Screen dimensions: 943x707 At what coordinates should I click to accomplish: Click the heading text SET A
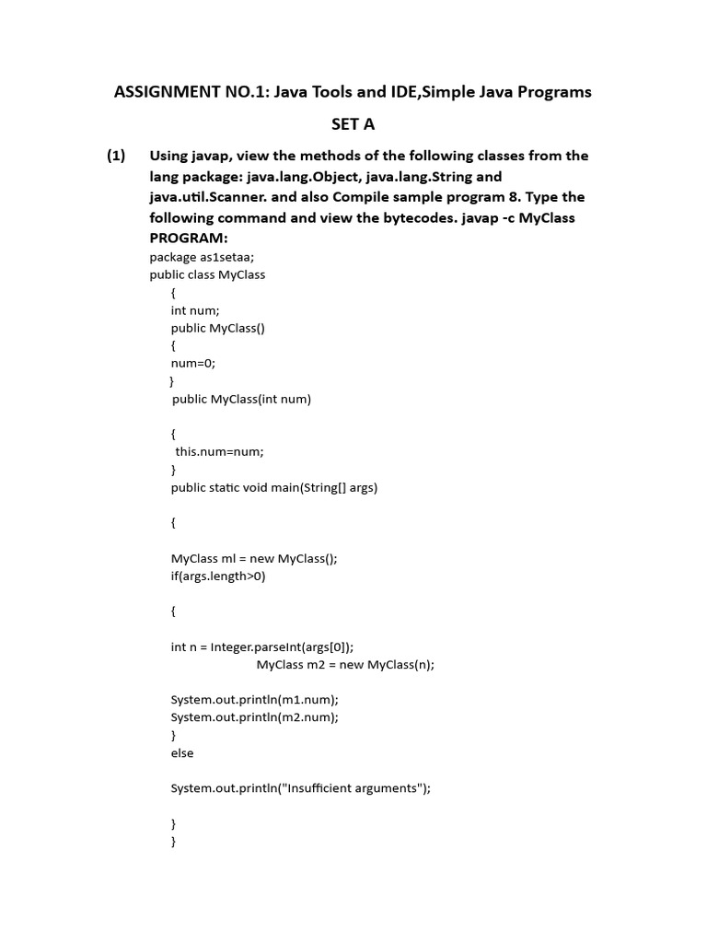pyautogui.click(x=353, y=124)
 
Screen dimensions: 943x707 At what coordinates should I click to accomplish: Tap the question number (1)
pyautogui.click(x=115, y=156)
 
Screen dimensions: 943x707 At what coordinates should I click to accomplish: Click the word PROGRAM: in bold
pyautogui.click(x=188, y=238)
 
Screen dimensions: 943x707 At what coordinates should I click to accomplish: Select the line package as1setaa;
pyautogui.click(x=202, y=258)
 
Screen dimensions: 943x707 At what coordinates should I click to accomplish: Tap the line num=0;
pyautogui.click(x=192, y=363)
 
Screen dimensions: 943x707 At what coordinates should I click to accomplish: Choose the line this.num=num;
pyautogui.click(x=219, y=451)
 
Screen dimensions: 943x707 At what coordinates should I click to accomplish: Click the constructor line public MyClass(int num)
pyautogui.click(x=241, y=399)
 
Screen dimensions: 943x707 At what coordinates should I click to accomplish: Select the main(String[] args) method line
pyautogui.click(x=274, y=487)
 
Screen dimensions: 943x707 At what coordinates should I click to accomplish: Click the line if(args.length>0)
pyautogui.click(x=218, y=576)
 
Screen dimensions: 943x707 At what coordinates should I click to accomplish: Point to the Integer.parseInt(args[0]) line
pyautogui.click(x=262, y=646)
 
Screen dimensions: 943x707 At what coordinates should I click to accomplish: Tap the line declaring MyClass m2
pyautogui.click(x=345, y=664)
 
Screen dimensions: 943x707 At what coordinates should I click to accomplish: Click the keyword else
pyautogui.click(x=182, y=752)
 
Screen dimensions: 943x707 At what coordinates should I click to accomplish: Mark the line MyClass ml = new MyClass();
pyautogui.click(x=254, y=558)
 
